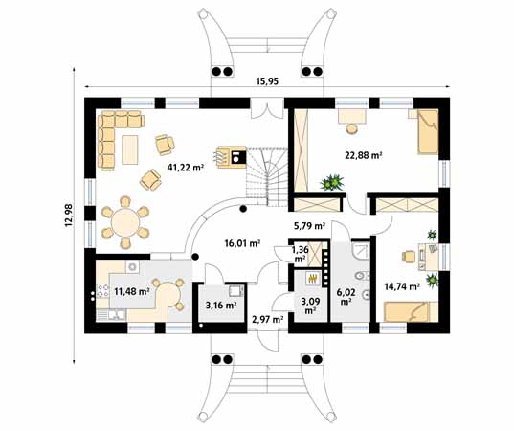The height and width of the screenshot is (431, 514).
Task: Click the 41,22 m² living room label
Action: point(186,168)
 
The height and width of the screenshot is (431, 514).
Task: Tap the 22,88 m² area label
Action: point(364,155)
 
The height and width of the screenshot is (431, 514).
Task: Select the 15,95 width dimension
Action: point(267,81)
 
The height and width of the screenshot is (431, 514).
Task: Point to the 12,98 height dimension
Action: point(69,215)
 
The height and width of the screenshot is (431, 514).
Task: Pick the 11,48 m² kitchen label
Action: point(132,291)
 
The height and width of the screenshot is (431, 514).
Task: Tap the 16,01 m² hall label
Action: point(242,243)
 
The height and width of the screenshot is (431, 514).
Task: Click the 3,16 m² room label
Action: point(221,306)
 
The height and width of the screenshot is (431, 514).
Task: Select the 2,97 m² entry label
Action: point(268,319)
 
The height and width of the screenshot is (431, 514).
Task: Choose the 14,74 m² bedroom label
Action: point(402,286)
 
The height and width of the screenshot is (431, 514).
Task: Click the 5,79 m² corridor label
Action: point(309,226)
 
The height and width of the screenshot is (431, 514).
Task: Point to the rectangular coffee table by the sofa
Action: point(130,149)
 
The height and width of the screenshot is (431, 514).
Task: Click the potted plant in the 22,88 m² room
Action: point(332,182)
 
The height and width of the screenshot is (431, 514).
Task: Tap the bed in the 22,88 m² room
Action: point(428,131)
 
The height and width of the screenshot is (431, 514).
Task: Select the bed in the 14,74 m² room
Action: point(411,311)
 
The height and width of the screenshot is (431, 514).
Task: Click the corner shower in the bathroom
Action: point(361,250)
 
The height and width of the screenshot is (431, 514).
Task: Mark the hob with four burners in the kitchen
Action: point(102,291)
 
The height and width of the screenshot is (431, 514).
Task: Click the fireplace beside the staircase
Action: point(232,157)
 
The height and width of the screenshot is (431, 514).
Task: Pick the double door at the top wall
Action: point(267,111)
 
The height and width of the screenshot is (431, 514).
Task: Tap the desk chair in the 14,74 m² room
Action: point(409,256)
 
